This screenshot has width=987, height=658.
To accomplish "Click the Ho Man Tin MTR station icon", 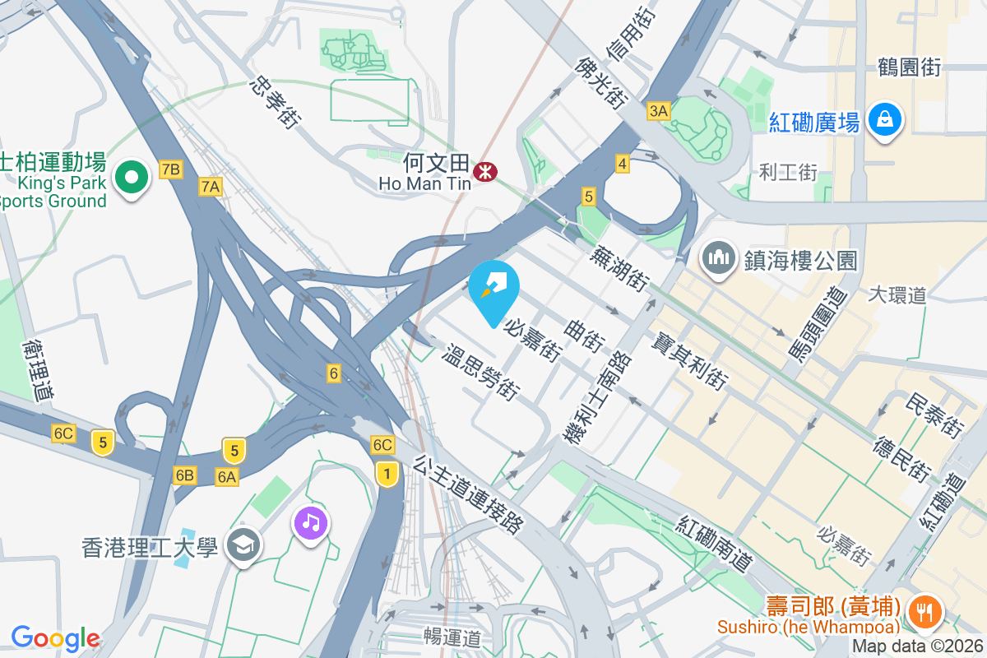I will click(x=487, y=171).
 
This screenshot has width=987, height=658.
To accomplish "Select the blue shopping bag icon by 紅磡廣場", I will click(x=884, y=119).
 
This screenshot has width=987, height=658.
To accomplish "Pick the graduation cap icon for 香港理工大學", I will click(x=244, y=545).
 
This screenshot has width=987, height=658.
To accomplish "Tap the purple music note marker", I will click(x=310, y=523).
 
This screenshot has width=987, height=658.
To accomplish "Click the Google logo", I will click(x=55, y=638).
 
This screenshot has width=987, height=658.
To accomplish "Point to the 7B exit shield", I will click(x=170, y=170).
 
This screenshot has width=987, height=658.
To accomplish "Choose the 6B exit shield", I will click(x=184, y=475).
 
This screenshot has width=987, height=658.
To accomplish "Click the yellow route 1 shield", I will click(x=387, y=473).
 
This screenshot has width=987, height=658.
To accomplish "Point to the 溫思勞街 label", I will click(x=480, y=373).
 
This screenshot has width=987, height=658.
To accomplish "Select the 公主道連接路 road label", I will click(x=469, y=495).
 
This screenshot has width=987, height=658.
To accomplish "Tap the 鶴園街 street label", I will click(x=909, y=68).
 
